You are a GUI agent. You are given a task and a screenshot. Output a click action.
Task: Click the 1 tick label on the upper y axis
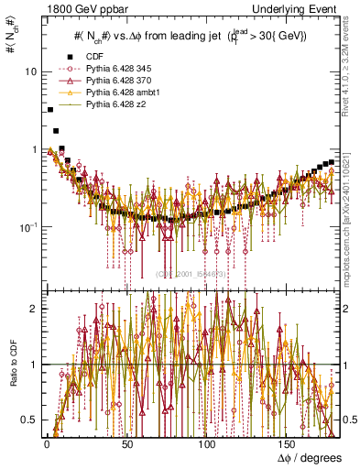point(33,149)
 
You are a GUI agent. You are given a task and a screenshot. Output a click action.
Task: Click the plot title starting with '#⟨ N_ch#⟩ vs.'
point(190,36)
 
